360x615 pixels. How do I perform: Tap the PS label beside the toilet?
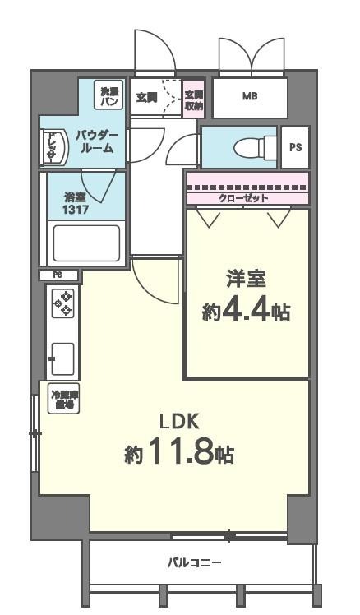pos(294,147)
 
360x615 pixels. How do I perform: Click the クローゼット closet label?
pos(247,198)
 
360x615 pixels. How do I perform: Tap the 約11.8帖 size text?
pos(179,452)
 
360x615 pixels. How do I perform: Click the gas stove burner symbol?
pos(63,303)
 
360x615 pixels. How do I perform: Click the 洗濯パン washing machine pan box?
pos(109,95)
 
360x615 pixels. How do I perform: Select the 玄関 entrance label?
pos(146,97)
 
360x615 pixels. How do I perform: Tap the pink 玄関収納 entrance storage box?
pos(194,98)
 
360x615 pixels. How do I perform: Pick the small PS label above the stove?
pos(58,275)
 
